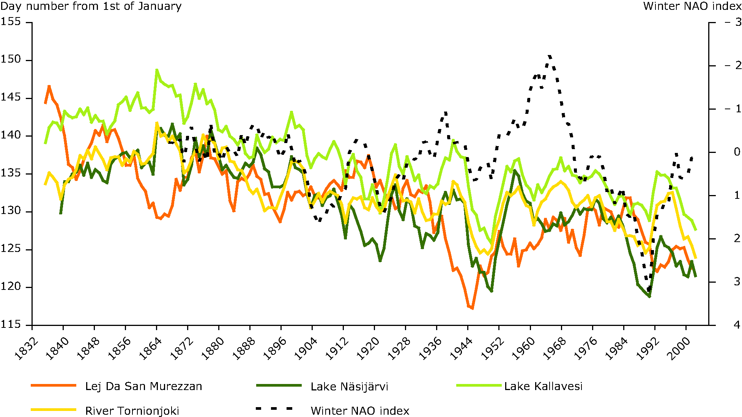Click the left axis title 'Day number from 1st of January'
[x=91, y=6]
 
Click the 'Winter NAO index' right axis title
[x=692, y=6]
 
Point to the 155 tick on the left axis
[x=11, y=22]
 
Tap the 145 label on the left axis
[x=11, y=98]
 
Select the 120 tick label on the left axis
[x=11, y=286]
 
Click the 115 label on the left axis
[x=11, y=324]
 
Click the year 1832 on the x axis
[x=26, y=348]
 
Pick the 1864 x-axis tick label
[x=151, y=348]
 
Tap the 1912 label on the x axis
[x=337, y=348]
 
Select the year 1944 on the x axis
[x=462, y=348]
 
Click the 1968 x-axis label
[x=555, y=348]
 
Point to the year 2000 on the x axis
[x=680, y=348]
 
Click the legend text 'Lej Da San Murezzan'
[x=143, y=386]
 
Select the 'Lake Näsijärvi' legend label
[x=349, y=387]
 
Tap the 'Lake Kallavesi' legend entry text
[x=543, y=386]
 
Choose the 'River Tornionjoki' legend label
[x=132, y=411]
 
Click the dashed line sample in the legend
[x=274, y=409]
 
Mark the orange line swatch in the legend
[x=54, y=386]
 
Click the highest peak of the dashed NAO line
[x=549, y=57]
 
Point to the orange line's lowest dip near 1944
[x=472, y=308]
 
